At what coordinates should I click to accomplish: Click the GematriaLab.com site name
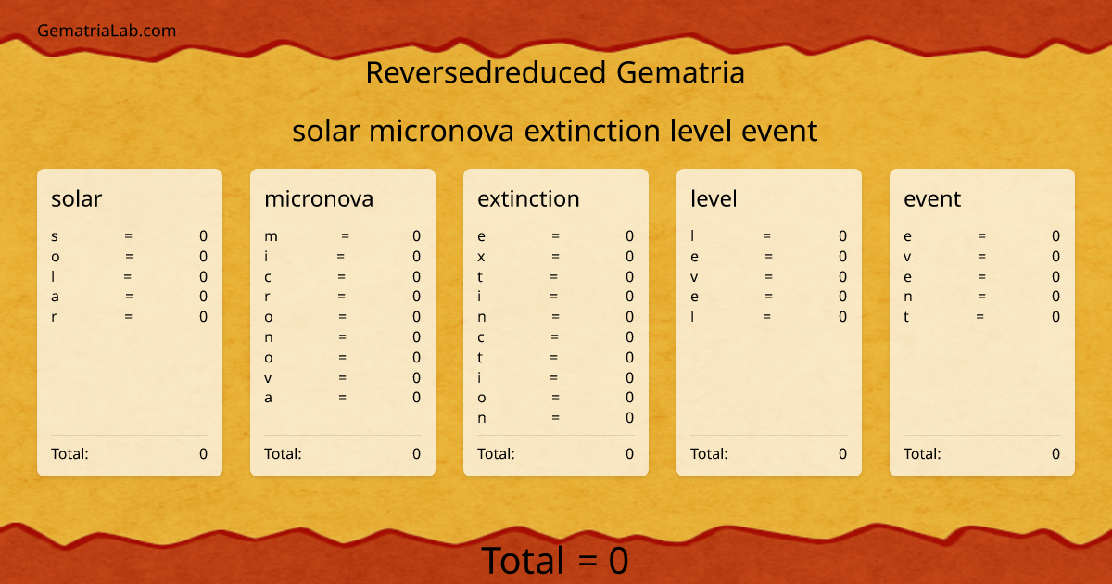pos(107,31)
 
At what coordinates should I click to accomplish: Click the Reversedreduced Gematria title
pos(555,72)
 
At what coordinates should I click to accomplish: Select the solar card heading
pos(77,198)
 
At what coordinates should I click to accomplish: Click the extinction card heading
pos(528,198)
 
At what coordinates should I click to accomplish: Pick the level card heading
pos(714,198)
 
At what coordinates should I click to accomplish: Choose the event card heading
pos(932,198)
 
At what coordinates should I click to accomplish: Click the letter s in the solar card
pos(55,236)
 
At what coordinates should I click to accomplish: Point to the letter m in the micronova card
pos(271,236)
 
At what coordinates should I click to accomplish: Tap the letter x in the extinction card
pos(481,257)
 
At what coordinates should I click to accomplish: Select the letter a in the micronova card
pos(269,398)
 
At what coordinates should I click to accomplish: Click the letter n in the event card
pos(908,297)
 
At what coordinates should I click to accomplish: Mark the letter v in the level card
pos(694,277)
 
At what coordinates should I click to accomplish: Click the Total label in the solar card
pos(69,453)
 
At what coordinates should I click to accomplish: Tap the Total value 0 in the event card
pos(1055,453)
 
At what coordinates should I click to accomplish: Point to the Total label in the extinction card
pos(496,453)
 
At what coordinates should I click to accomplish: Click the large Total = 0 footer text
pos(555,561)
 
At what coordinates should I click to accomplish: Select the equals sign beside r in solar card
pos(128,317)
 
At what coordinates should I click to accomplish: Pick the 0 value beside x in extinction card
pos(629,257)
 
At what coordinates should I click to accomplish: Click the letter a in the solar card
pos(56,297)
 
